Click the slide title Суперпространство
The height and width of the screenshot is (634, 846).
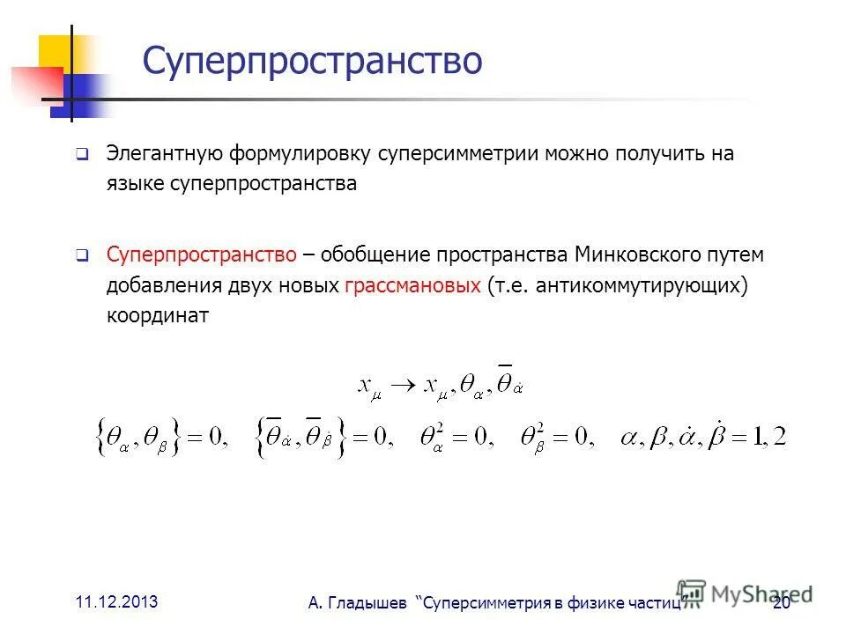coord(312,62)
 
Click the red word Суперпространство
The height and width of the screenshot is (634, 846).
coord(201,255)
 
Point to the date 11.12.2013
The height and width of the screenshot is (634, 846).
coord(116,602)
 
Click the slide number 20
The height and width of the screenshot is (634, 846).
coord(781,603)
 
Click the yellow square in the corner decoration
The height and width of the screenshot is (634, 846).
coord(55,53)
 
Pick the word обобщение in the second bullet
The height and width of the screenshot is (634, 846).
coord(375,255)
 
